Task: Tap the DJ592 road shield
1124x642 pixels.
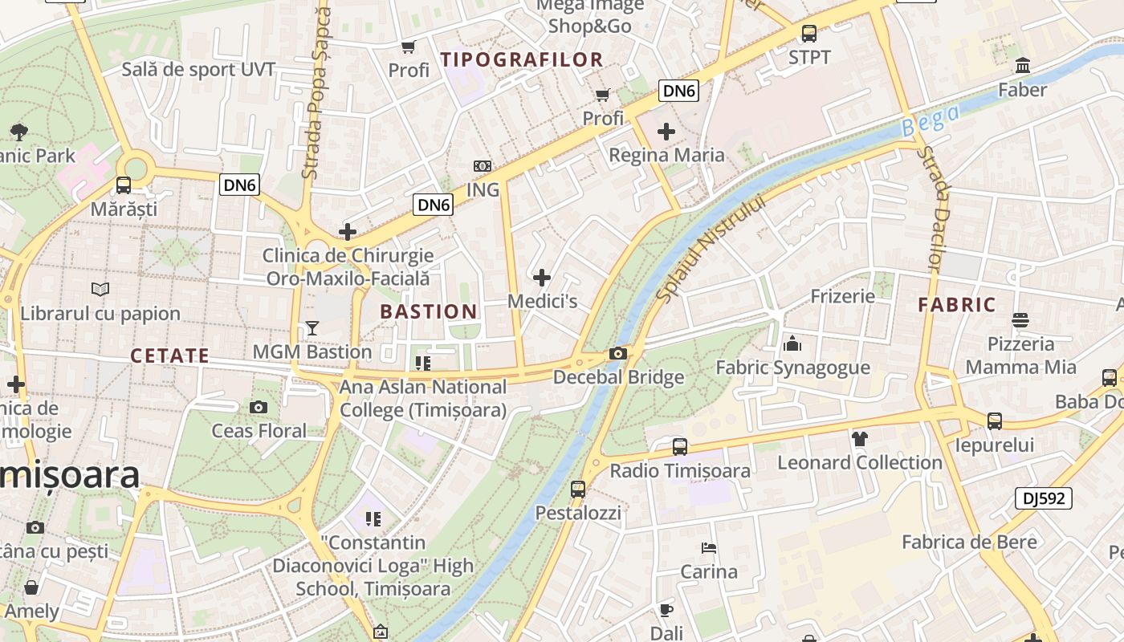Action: coord(1043,498)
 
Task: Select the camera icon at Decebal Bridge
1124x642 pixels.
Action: coord(617,354)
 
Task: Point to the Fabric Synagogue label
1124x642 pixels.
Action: coord(792,368)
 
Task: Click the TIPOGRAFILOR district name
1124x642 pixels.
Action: coord(522,59)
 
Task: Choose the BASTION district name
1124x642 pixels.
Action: coord(429,311)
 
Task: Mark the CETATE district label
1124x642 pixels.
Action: coord(169,356)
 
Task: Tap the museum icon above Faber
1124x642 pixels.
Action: coord(1023,66)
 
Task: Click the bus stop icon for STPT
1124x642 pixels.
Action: coord(808,34)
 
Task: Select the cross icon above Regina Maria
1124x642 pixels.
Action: coord(666,131)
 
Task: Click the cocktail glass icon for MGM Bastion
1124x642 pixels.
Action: coord(312,328)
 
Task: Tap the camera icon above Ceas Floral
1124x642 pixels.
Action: coord(259,408)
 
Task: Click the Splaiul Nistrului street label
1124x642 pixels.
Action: coord(711,249)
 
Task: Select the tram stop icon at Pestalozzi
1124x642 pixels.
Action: coord(578,489)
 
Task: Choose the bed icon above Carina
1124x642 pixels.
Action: coord(708,548)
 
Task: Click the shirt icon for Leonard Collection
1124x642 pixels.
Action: coord(859,438)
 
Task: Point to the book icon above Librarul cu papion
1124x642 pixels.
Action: coord(100,290)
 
